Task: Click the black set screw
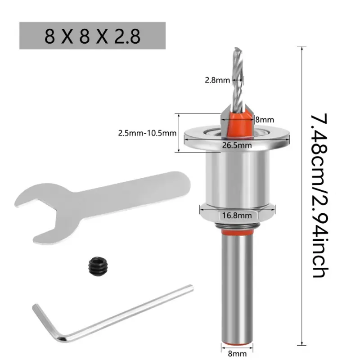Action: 98,266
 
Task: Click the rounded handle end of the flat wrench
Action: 181,184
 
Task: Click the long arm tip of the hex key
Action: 190,288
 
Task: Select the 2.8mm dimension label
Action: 217,80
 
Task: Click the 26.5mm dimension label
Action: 237,145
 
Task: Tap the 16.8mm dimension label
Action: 237,216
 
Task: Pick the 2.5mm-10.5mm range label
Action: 147,133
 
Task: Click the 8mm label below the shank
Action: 237,354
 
